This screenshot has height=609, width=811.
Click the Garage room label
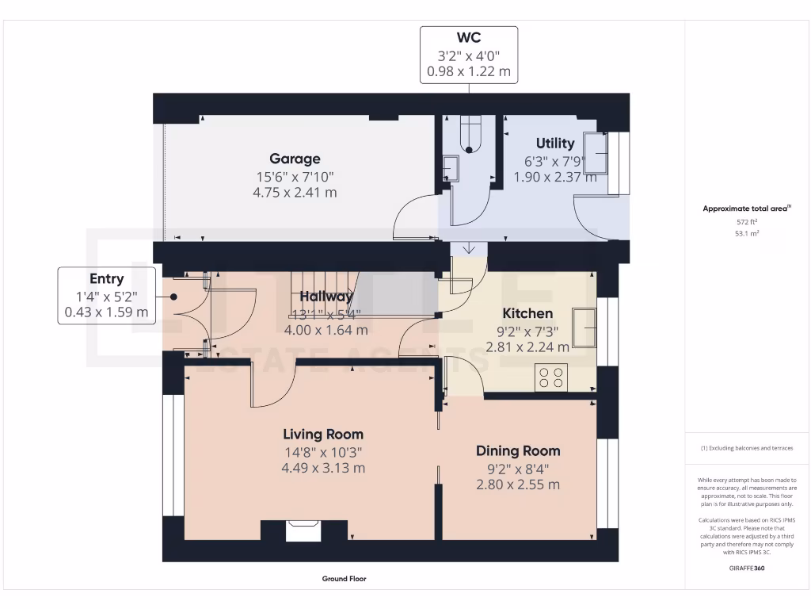[295, 159]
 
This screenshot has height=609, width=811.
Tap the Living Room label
[323, 434]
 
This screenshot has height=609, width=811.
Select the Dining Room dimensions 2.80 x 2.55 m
[518, 485]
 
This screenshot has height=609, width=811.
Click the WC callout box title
[468, 37]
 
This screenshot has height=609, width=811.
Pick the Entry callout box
[106, 296]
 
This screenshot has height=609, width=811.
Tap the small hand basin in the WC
[450, 169]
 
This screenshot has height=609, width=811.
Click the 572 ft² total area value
[748, 222]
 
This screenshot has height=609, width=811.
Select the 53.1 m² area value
[748, 234]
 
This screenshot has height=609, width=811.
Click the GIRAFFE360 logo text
[748, 568]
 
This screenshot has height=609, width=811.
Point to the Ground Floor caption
[344, 579]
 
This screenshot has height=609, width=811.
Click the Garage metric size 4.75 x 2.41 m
[295, 192]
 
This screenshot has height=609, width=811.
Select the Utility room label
[554, 144]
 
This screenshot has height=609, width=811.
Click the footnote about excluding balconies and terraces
[748, 448]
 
